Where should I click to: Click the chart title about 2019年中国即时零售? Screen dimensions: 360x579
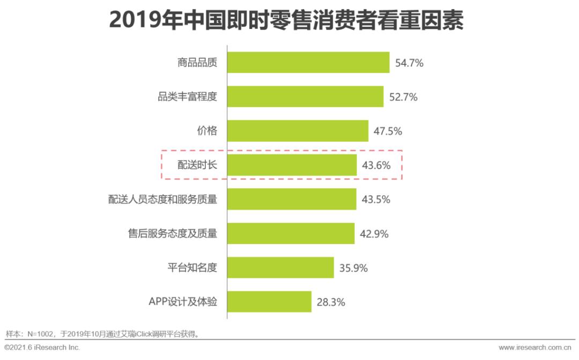point(286,21)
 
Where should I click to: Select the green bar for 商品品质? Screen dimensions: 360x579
point(308,62)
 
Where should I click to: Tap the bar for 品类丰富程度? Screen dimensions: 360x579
point(305,97)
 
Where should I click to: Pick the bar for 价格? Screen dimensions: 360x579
point(298,131)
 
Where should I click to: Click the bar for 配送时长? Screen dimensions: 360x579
point(292,165)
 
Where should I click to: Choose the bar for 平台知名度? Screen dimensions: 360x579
point(280,267)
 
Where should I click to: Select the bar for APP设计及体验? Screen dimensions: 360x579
point(269,302)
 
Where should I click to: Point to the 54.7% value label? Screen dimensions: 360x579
point(410,63)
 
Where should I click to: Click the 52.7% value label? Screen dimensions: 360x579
point(403,97)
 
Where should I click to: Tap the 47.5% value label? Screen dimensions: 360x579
point(388,131)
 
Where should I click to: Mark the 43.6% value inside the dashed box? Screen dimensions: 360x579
point(376,166)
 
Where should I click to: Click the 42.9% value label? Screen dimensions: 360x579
point(374,234)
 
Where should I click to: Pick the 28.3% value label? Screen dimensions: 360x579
point(331,302)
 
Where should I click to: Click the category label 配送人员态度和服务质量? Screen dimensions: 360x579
point(162,199)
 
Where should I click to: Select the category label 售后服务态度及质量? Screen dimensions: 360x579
point(173,233)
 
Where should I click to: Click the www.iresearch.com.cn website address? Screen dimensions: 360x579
point(536,348)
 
